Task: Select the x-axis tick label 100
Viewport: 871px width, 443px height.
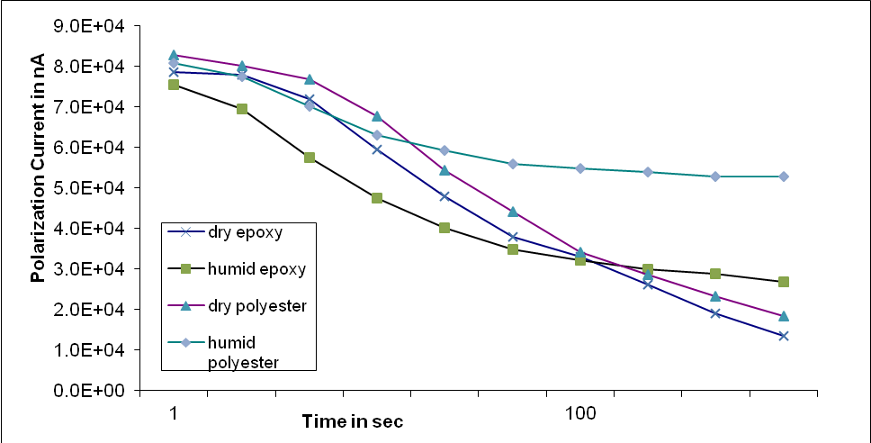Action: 580,412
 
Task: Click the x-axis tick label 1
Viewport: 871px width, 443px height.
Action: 174,412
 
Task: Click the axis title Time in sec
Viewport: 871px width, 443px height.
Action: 352,421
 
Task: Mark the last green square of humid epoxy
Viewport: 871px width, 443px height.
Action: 784,282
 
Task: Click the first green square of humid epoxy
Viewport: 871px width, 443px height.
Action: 174,85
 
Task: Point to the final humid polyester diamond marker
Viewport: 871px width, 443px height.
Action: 784,176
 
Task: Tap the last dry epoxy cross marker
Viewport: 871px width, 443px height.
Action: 784,336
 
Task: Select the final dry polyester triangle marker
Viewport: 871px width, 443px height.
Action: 784,316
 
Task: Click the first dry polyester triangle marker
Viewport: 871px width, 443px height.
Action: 174,56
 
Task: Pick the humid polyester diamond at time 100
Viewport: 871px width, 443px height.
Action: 580,168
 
